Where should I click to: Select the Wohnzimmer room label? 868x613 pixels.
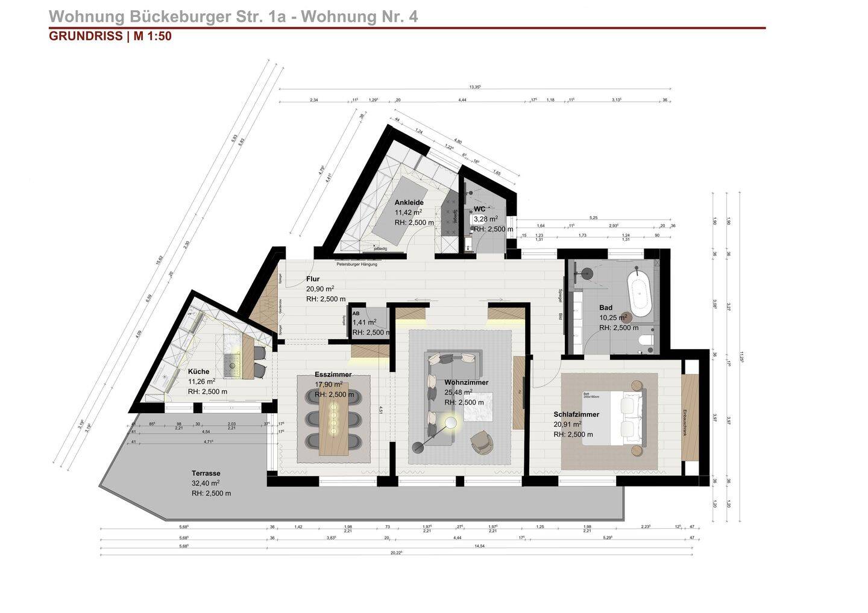466,382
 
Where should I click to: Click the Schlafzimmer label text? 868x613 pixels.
576,414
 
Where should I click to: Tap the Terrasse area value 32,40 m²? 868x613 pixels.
206,483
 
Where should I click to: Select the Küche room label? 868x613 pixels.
198,372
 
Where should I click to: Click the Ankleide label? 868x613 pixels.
409,202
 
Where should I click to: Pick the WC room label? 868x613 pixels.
479,209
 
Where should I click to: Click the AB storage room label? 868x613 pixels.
356,314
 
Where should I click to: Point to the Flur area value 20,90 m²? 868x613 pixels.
320,289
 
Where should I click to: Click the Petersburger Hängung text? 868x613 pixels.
357,264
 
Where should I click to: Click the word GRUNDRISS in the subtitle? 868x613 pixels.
86,36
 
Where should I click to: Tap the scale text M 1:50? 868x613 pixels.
153,36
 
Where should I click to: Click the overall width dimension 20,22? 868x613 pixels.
396,552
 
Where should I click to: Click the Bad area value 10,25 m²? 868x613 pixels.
612,318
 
